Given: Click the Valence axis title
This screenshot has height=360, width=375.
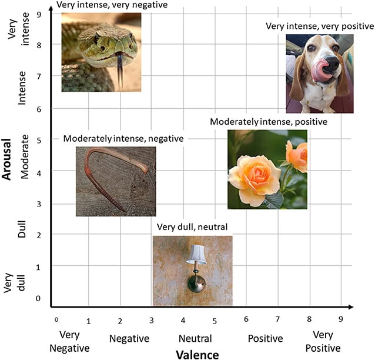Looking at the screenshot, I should point(197,354).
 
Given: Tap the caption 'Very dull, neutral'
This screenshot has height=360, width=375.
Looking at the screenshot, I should point(192,227).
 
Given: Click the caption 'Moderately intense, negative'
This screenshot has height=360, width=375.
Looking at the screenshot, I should point(123,139).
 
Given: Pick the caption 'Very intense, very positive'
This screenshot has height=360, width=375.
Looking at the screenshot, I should point(320,26).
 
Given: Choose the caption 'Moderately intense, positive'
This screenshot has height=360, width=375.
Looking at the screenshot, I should point(269,122).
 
